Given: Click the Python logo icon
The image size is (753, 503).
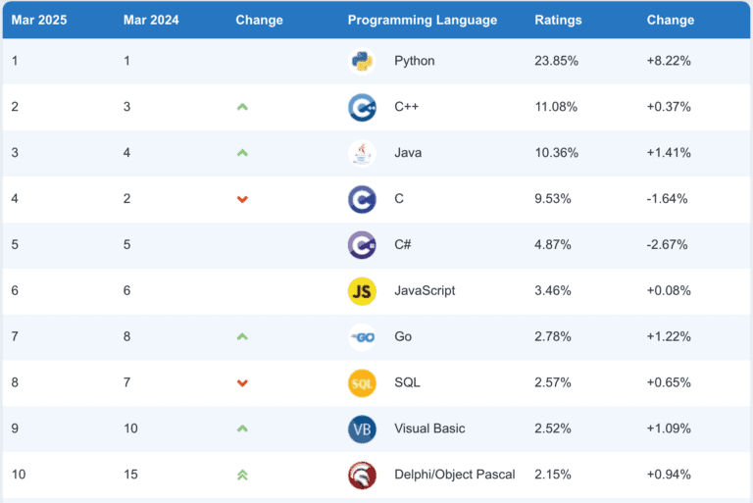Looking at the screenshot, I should (362, 61).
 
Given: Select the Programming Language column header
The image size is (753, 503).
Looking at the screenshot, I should (422, 20).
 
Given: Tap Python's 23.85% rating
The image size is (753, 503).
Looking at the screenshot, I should (556, 61).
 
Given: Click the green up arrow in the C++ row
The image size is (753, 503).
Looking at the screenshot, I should (242, 107).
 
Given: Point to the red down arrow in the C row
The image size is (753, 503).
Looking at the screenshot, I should (242, 199).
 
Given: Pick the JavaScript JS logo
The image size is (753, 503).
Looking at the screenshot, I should (362, 291).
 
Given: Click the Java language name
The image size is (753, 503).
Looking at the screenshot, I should (409, 153).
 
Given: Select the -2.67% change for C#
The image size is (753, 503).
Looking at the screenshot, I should (669, 245).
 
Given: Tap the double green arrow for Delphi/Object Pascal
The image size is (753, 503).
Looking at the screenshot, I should (242, 475).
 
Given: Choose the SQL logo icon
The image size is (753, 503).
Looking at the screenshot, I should (362, 382).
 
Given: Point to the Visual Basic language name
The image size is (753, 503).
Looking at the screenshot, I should (429, 428).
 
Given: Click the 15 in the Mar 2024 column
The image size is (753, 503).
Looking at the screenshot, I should (130, 475).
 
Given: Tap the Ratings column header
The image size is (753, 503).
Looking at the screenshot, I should (558, 20).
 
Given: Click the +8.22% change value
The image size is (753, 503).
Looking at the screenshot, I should (669, 61).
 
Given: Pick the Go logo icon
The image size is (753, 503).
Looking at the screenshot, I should (362, 337).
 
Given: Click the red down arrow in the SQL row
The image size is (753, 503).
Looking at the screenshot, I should (242, 382).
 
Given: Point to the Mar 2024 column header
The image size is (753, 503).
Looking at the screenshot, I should (151, 20).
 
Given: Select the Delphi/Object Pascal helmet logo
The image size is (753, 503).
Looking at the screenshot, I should (362, 475).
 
